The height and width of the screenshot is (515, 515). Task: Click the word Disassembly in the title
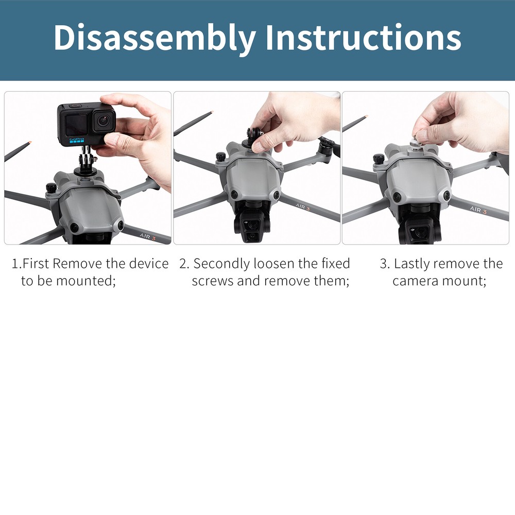coord(154,38)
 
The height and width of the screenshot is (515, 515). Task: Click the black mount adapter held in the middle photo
coord(254,138)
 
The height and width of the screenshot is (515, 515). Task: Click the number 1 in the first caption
coord(15,264)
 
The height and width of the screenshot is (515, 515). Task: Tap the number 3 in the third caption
coord(383,264)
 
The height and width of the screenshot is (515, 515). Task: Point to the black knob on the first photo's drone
coord(51,188)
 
